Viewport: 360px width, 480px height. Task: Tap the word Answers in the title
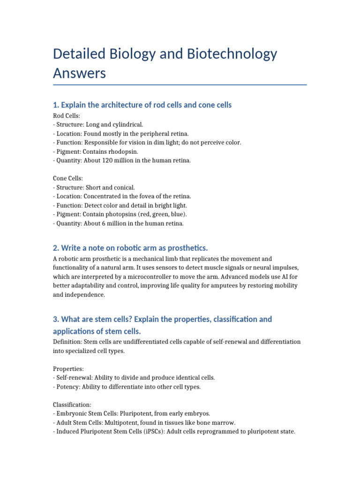pyautogui.click(x=79, y=74)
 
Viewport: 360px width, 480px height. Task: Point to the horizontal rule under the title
pyautogui.click(x=180, y=85)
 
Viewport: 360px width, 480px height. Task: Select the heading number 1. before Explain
pyautogui.click(x=56, y=105)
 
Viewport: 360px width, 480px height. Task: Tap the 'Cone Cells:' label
pyautogui.click(x=69, y=179)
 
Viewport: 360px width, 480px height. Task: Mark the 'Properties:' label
pyautogui.click(x=69, y=368)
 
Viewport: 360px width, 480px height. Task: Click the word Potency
pyautogui.click(x=69, y=387)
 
